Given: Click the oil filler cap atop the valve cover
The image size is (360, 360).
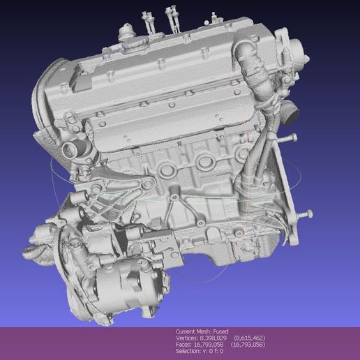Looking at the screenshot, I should tap(126, 31).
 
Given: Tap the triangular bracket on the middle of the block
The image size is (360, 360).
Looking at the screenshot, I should tap(181, 209).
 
